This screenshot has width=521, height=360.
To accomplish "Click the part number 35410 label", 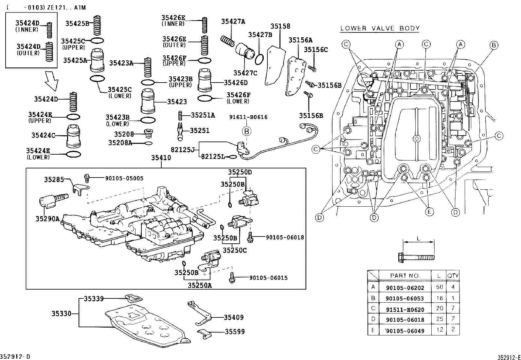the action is [x=161, y=158].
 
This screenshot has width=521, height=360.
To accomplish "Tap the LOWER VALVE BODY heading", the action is [x=380, y=28].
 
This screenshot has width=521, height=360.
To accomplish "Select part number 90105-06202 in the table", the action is [x=405, y=288].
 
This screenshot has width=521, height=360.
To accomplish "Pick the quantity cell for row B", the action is [x=453, y=298].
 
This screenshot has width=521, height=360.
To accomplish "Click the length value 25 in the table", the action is [x=440, y=319].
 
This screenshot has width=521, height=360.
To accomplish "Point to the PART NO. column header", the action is [x=405, y=276].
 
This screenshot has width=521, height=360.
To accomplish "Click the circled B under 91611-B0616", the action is [x=246, y=131].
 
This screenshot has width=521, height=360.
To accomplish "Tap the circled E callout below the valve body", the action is [x=429, y=212].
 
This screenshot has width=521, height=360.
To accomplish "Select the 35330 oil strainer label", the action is [x=62, y=314].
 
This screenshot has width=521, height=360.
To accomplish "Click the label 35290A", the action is [x=47, y=219].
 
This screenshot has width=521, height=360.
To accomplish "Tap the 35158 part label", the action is [x=280, y=26].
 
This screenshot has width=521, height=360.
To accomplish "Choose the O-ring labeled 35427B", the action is [x=259, y=60].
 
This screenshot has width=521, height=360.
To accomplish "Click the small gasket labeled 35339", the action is [x=134, y=298].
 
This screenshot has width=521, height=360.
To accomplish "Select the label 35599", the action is [x=235, y=332].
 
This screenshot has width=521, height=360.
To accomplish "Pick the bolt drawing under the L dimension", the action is [x=416, y=257].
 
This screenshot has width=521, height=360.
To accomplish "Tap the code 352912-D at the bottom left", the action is [x=15, y=356].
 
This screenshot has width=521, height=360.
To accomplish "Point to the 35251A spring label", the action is [x=203, y=115].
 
